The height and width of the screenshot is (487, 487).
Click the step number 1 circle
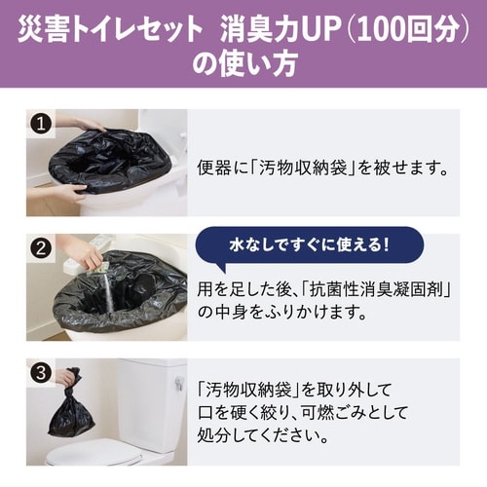click(x=41, y=125)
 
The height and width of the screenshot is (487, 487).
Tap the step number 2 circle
click(x=41, y=247)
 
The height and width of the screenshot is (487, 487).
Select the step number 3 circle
click(x=41, y=371)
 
